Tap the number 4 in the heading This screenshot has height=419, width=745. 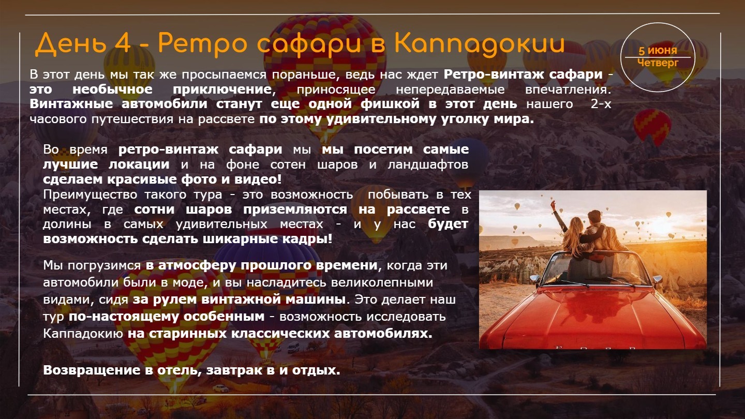pyautogui.click(x=122, y=43)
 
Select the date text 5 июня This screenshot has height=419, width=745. pyautogui.click(x=658, y=51)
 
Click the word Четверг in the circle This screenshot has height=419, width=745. pyautogui.click(x=658, y=63)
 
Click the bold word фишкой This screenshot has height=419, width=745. pyautogui.click(x=390, y=104)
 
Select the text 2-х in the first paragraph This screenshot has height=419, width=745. pyautogui.click(x=601, y=104)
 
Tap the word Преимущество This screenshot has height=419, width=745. pyautogui.click(x=90, y=194)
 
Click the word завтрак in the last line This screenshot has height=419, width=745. pyautogui.click(x=234, y=370)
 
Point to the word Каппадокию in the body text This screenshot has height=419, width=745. pyautogui.click(x=83, y=334)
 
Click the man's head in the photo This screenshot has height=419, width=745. pyautogui.click(x=594, y=218)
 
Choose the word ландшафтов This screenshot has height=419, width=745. pyautogui.click(x=427, y=164)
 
